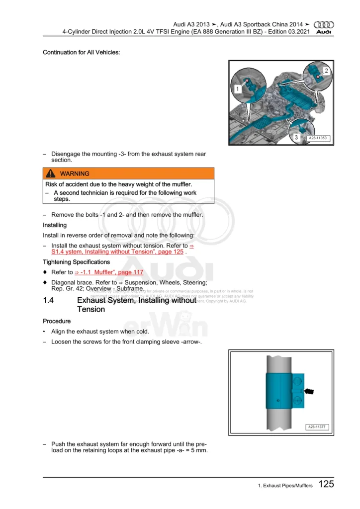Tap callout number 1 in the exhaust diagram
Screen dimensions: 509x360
tap(238, 89)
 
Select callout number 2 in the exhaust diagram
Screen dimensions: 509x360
tap(326, 71)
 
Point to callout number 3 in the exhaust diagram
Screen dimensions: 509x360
tap(296, 137)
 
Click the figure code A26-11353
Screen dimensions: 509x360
tap(318, 138)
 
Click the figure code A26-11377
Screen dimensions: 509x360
tap(318, 427)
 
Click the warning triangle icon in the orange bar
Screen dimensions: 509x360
tap(51, 173)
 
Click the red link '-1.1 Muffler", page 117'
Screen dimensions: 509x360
tap(109, 272)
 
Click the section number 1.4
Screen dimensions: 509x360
tap(49, 300)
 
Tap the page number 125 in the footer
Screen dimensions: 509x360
tap(326, 484)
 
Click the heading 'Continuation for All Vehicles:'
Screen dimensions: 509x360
tap(81, 52)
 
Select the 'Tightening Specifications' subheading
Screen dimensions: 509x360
tap(76, 262)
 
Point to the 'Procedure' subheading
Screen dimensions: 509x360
tap(57, 321)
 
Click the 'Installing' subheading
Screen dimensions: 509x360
tap(55, 225)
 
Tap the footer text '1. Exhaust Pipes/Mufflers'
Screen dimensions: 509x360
tap(281, 486)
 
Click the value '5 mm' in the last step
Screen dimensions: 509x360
tap(197, 451)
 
